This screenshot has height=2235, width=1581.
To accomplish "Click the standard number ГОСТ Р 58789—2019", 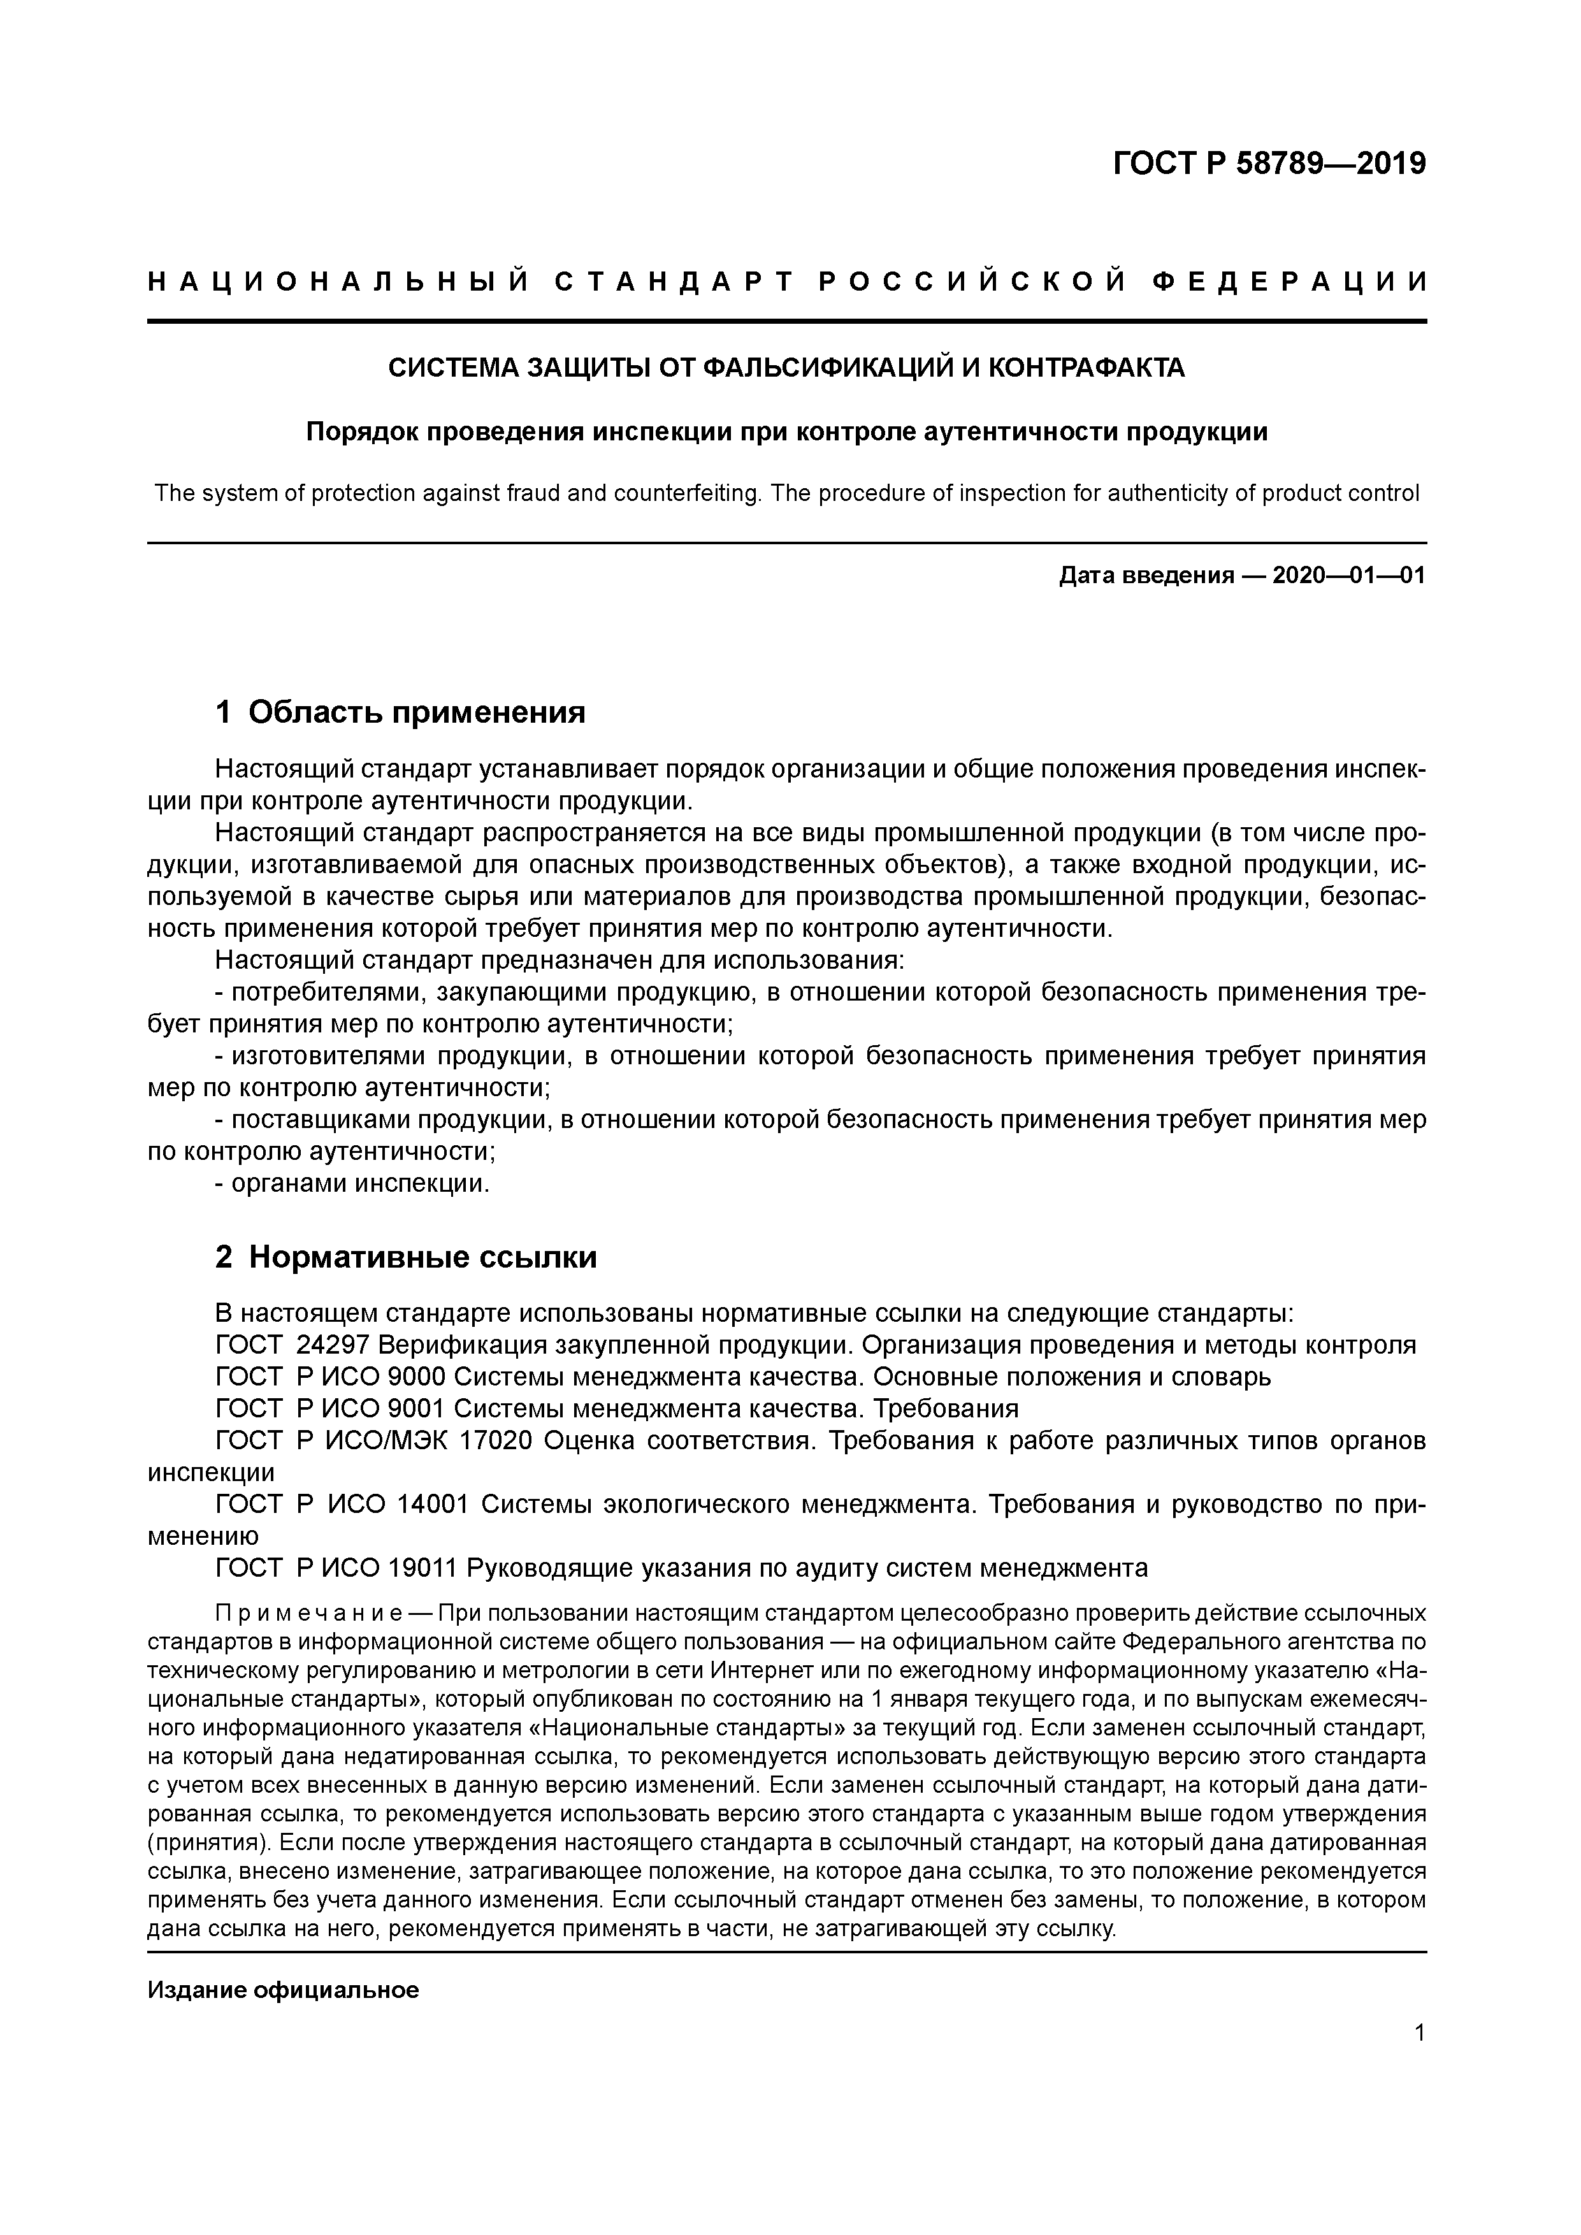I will point(1269,164).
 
